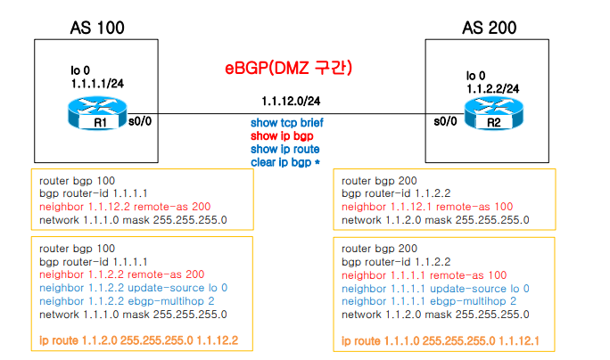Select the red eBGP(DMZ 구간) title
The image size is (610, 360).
[x=288, y=68]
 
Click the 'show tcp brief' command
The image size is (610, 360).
[x=287, y=123]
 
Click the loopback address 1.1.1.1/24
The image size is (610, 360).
[x=95, y=81]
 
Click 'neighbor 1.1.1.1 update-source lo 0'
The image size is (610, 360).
[x=435, y=289]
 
